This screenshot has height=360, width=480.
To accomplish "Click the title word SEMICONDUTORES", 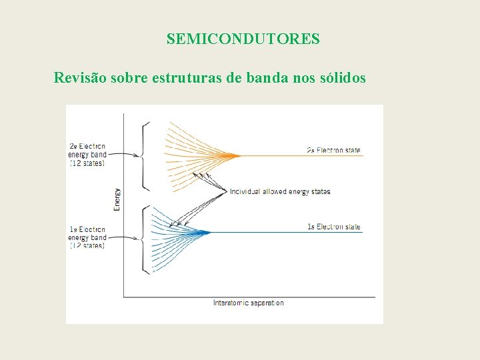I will pyautogui.click(x=243, y=39).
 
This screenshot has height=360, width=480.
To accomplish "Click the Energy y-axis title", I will pyautogui.click(x=117, y=199).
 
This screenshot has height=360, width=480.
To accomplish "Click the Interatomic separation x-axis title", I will pyautogui.click(x=248, y=303).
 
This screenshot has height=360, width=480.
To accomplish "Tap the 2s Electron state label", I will pyautogui.click(x=333, y=151).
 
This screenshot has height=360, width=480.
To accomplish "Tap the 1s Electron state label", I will pyautogui.click(x=333, y=227).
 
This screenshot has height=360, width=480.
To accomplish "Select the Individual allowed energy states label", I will pyautogui.click(x=279, y=192).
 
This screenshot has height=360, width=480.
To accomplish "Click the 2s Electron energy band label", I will pyautogui.click(x=87, y=155).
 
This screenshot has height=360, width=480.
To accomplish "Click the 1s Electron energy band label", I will pyautogui.click(x=87, y=237).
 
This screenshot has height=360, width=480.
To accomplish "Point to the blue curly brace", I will pyautogui.click(x=145, y=239).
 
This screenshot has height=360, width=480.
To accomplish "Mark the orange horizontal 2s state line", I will pyautogui.click(x=300, y=156).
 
